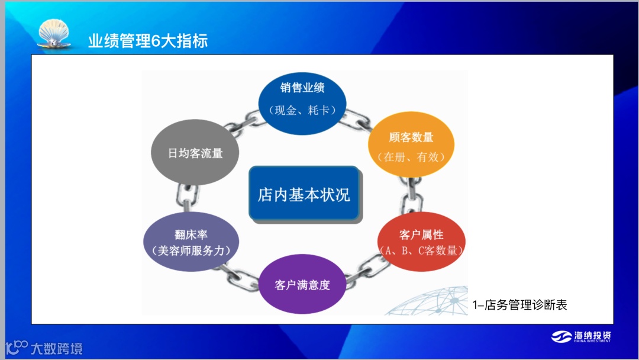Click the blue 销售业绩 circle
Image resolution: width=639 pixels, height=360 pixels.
(x=302, y=101)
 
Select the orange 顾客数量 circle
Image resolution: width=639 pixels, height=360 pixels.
(x=412, y=146)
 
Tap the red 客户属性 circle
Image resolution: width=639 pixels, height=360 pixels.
(x=421, y=242)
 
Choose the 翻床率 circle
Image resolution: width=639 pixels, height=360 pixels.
(x=187, y=242)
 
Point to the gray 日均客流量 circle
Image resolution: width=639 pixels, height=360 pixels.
(x=195, y=153)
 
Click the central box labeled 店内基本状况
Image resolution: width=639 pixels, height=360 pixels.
(x=304, y=194)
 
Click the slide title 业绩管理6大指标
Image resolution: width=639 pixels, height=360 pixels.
(x=148, y=41)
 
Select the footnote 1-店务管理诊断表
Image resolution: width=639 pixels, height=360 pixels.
(x=520, y=305)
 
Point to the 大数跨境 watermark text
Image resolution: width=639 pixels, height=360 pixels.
(x=56, y=348)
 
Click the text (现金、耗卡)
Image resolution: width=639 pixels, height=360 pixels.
(x=302, y=110)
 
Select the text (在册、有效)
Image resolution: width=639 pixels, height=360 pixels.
(x=411, y=157)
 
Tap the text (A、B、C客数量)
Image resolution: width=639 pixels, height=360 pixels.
(x=421, y=250)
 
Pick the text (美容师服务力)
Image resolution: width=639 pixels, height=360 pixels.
(x=187, y=250)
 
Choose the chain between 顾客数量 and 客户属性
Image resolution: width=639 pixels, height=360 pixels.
(x=408, y=194)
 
